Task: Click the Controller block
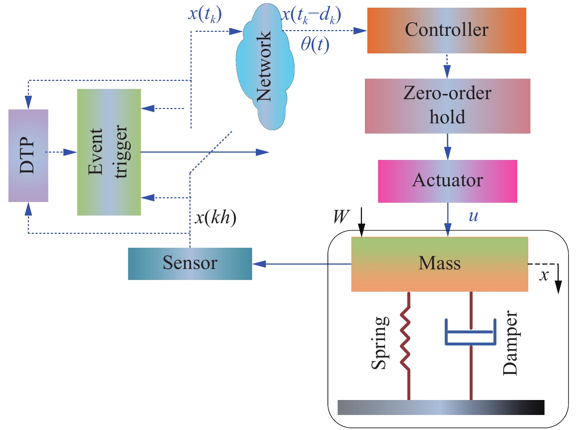point(447,30)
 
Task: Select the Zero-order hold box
point(447,106)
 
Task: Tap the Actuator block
point(447,181)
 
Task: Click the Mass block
point(439,264)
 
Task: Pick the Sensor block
point(190,263)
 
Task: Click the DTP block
point(28,156)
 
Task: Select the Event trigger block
point(109,152)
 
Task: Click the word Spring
point(380,343)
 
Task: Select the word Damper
point(510,343)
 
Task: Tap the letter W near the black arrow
point(341,217)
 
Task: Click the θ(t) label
point(315,45)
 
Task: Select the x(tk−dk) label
point(311,15)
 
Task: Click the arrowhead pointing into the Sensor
point(259,264)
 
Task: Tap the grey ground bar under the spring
point(441,407)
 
